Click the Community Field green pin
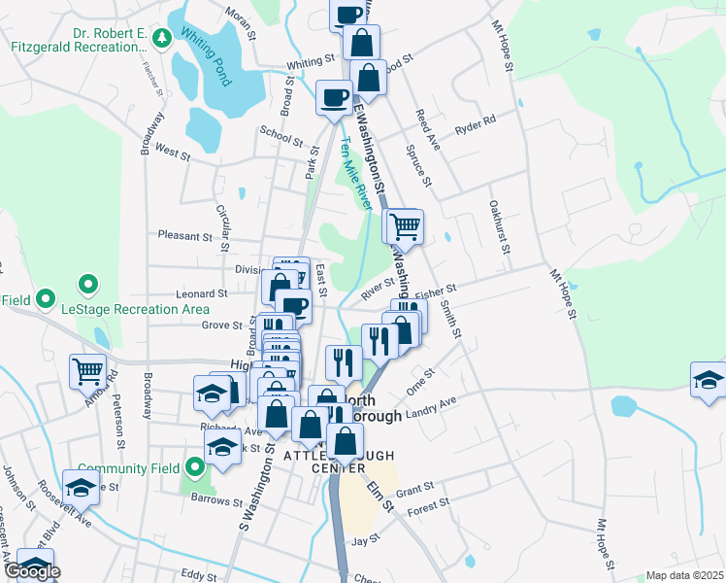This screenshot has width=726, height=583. click(195, 468)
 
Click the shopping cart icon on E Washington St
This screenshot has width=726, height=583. click(404, 226)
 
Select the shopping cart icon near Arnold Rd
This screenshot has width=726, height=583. click(87, 370)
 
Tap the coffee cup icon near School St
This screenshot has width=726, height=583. click(335, 97)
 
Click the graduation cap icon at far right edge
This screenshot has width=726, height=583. click(709, 379)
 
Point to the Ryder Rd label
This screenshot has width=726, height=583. click(476, 125)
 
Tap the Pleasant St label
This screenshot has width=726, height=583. click(184, 236)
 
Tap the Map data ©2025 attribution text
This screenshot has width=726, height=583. click(684, 575)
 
